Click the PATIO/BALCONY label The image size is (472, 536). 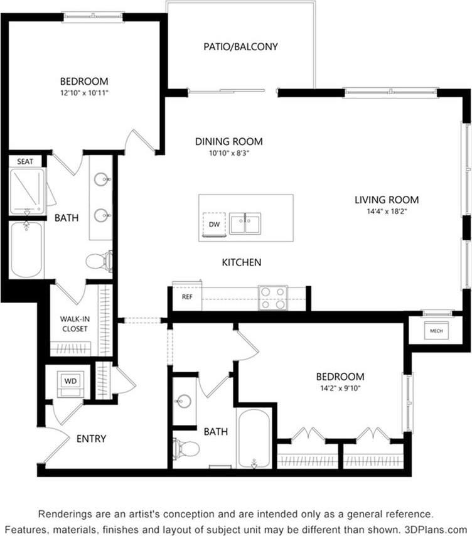[240, 46]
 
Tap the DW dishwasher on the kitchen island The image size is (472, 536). [213, 224]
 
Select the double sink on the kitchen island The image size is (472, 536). [245, 223]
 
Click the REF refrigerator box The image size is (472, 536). [187, 297]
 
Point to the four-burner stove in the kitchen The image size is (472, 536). [273, 297]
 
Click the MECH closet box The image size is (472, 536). [436, 330]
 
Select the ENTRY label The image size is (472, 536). [91, 438]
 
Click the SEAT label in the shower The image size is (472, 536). [25, 161]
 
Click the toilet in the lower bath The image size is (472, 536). [187, 448]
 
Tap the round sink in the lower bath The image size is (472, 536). [183, 400]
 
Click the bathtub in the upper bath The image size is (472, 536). [26, 249]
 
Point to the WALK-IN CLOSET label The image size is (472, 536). [75, 323]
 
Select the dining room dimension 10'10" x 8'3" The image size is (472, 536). [228, 153]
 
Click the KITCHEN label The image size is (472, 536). [241, 262]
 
